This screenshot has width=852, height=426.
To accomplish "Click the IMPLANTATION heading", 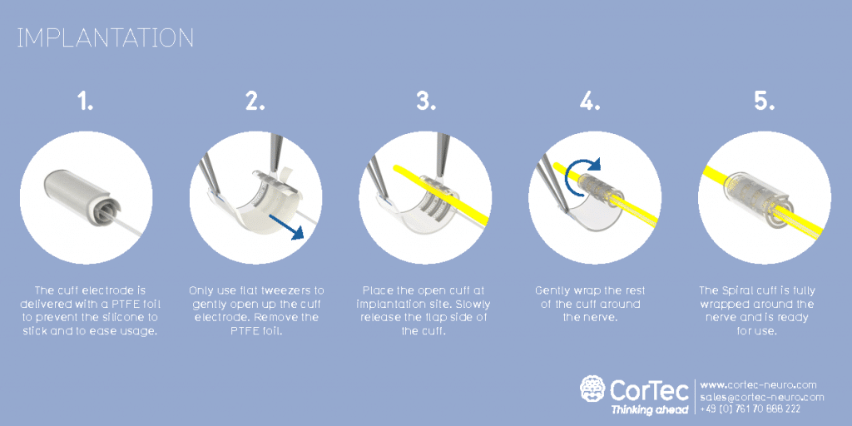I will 106,38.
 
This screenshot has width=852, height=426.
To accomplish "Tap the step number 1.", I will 86,102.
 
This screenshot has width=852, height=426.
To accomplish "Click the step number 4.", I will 591,102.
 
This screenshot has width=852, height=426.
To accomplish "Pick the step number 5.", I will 764,102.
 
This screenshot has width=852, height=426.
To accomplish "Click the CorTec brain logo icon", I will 592,389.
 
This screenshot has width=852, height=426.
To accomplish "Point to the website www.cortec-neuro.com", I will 758,384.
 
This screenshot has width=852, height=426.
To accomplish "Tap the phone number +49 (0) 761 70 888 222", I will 750,409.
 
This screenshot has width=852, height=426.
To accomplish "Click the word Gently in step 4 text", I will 554,290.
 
